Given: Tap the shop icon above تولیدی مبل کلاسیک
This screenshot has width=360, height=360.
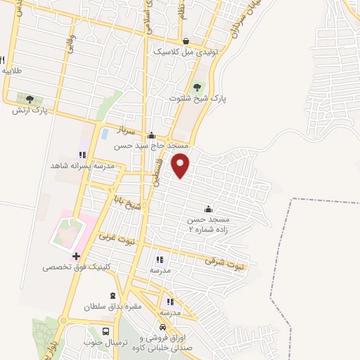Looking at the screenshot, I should coord(186,41).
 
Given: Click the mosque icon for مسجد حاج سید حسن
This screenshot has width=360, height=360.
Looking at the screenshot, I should coord(151,136).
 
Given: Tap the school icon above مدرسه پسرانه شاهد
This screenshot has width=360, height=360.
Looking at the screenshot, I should coord(82,155).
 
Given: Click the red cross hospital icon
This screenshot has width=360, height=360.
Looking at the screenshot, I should coord(77,256).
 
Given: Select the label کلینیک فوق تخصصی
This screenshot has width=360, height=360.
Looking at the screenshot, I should coord(72,267).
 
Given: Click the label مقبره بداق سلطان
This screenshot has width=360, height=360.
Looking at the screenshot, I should coord(113,306).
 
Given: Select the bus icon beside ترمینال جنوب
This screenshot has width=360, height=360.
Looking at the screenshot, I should coord(106,331).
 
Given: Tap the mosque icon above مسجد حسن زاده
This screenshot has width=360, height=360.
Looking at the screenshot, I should coord(208,209).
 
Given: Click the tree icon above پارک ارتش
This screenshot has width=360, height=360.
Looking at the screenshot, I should coord(30,99).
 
